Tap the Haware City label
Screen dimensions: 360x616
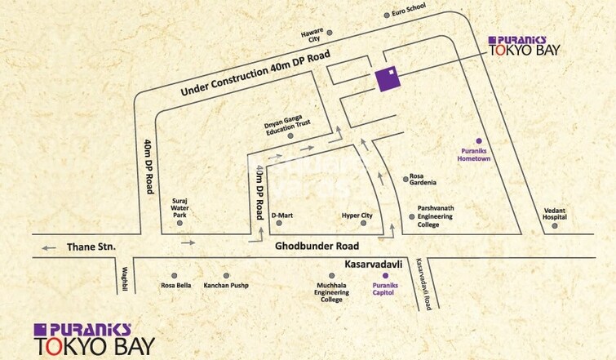point(312,38)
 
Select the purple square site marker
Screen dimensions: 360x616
point(389,79)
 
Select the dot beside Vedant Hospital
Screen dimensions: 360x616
point(554,225)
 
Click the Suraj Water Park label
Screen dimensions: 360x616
point(179,209)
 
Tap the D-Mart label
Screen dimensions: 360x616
point(282,216)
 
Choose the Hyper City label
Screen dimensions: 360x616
point(357,216)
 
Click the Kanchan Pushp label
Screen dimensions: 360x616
point(226,286)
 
